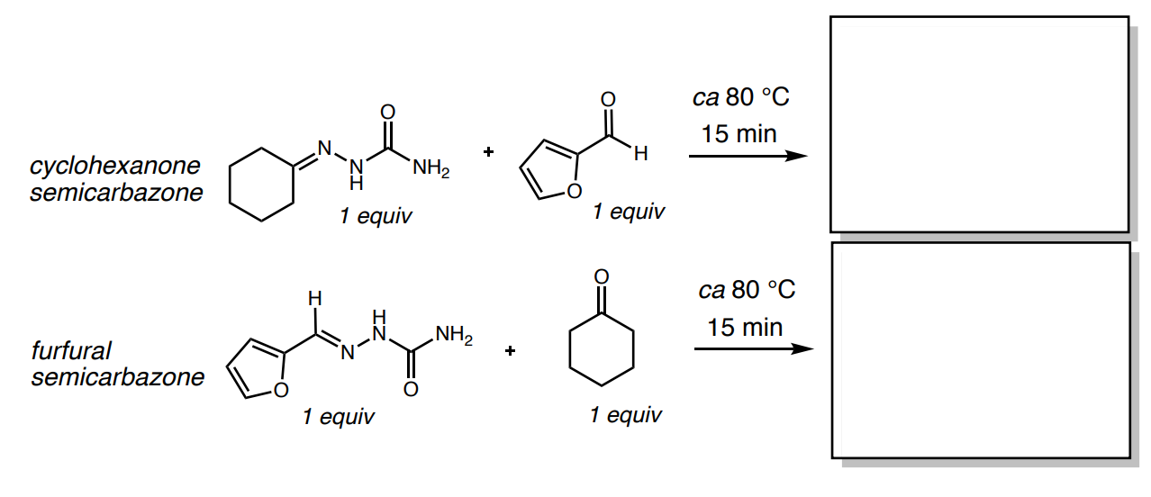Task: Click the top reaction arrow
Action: tap(746, 156)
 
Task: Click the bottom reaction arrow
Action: tap(748, 348)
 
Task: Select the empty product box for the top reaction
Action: tap(978, 124)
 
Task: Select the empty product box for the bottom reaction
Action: tap(980, 349)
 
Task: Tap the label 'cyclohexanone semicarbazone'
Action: tap(116, 179)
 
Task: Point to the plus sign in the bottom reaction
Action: tap(511, 350)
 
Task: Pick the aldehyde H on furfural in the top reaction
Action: tap(640, 155)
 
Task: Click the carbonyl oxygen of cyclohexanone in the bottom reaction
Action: tap(602, 275)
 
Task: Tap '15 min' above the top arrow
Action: tap(739, 134)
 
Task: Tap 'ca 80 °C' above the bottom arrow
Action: tap(747, 290)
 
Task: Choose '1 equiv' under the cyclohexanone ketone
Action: tap(625, 415)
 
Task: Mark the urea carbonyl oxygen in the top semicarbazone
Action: tap(388, 111)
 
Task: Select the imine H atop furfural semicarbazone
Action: tap(313, 296)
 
